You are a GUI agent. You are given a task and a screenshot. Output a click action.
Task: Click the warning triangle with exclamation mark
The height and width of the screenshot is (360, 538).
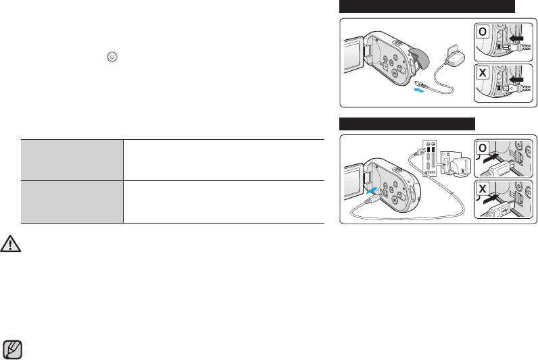(x=11, y=244)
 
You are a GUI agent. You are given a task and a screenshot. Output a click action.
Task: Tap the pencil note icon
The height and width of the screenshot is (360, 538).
(x=13, y=350)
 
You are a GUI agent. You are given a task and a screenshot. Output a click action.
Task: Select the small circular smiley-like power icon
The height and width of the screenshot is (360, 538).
(x=112, y=57)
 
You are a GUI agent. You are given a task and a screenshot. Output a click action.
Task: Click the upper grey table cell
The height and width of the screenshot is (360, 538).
(x=72, y=160)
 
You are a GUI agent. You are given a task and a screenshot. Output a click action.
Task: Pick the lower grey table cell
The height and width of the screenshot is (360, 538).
(x=72, y=202)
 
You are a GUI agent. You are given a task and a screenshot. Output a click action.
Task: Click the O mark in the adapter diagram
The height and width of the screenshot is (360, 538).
(x=483, y=32)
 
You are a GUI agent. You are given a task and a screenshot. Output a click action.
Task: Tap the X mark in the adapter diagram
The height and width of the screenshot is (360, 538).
(x=483, y=73)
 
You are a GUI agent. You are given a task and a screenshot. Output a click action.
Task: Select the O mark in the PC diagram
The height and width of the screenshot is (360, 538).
(x=483, y=148)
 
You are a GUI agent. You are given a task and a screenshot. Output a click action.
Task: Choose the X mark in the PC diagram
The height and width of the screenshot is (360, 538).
(x=483, y=189)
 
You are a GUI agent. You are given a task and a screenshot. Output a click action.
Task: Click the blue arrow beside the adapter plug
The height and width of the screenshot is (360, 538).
(x=419, y=91)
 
